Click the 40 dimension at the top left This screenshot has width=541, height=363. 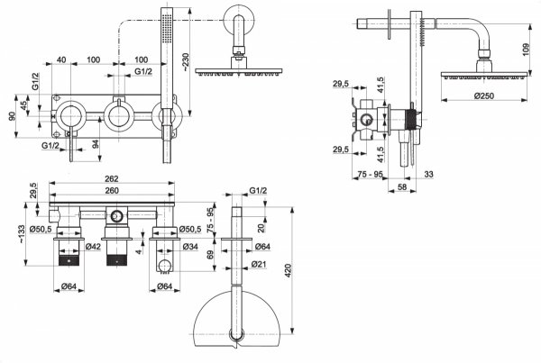[61, 60]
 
